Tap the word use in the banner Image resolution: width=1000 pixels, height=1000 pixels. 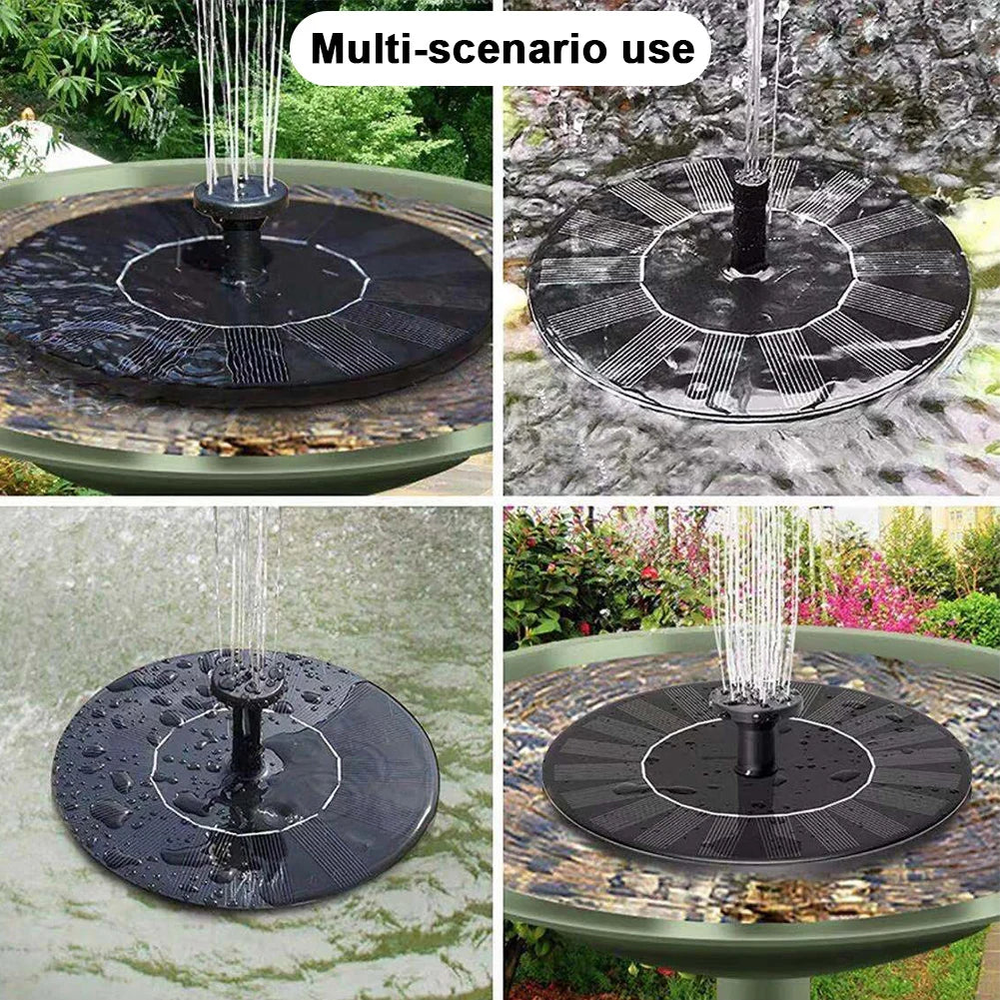coord(654,48)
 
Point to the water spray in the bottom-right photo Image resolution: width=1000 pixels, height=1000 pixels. coord(757,599)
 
